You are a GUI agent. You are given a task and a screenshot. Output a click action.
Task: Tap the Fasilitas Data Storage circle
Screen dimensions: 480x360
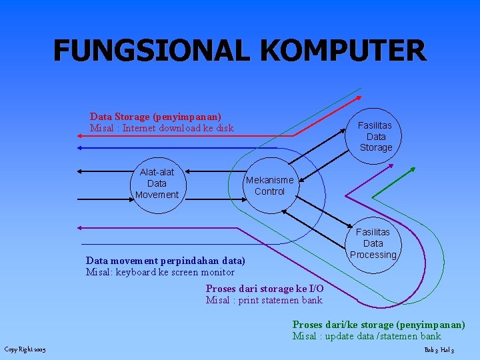point(375,137)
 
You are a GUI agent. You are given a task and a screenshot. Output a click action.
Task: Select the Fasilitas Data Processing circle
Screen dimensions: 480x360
point(373,243)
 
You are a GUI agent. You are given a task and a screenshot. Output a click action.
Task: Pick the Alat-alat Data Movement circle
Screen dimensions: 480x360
point(157,183)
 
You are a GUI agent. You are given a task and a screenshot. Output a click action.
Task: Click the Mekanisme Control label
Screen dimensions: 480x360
point(269,186)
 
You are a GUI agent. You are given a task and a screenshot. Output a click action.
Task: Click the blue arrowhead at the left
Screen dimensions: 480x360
point(79,147)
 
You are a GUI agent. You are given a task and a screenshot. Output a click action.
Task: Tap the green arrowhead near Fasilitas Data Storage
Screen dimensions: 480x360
point(375,197)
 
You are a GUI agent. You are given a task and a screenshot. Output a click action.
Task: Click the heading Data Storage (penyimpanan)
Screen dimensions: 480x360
point(155,117)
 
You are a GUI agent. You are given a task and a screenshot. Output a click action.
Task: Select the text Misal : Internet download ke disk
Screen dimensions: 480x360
point(161,128)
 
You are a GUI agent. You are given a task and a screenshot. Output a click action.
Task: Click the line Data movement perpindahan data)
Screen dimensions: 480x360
point(165,261)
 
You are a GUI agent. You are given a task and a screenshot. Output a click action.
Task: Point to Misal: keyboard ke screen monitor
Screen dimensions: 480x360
point(160,272)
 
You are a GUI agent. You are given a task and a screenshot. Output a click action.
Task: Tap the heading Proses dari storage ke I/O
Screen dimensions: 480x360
point(265,289)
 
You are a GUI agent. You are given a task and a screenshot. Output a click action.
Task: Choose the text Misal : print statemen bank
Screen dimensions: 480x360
point(264,300)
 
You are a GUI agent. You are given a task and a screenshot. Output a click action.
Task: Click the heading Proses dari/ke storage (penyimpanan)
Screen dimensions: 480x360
point(379,325)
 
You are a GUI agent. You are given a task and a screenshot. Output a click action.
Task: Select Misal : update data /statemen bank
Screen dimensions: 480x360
point(367,336)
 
